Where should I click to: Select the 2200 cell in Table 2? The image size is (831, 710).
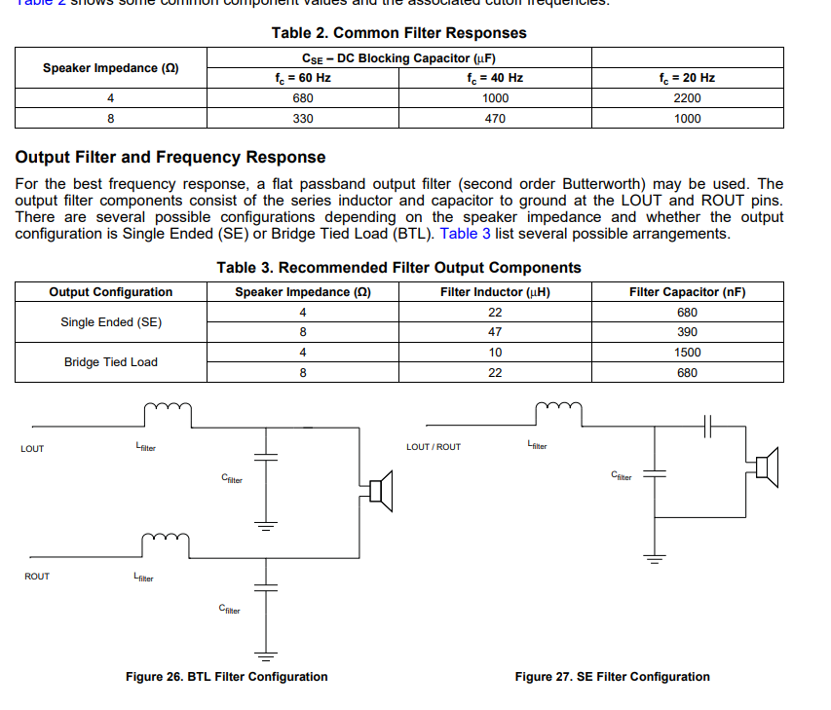[x=687, y=98]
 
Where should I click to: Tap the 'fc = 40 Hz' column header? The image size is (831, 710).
[x=495, y=78]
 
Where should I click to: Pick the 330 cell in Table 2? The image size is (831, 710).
[x=303, y=119]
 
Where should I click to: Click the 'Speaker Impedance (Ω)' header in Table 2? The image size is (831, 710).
[x=111, y=68]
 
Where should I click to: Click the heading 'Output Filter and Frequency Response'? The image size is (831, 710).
[x=170, y=157]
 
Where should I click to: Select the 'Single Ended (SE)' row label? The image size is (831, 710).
[x=111, y=322]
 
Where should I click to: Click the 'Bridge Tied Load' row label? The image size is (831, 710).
[x=111, y=362]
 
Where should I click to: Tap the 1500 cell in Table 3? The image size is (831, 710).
[x=687, y=353]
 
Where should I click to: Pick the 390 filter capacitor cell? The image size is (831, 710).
[x=687, y=332]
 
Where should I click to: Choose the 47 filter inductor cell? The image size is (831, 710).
[x=495, y=332]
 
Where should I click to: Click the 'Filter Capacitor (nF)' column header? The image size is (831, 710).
[x=687, y=292]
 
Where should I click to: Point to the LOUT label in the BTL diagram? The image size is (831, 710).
[x=32, y=449]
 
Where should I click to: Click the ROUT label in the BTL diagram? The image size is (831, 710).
[x=37, y=577]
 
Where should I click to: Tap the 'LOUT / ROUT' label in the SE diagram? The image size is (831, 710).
[x=434, y=447]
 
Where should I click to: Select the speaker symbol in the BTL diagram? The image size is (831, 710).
[x=380, y=490]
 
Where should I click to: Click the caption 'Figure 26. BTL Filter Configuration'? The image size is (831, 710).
[x=227, y=677]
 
